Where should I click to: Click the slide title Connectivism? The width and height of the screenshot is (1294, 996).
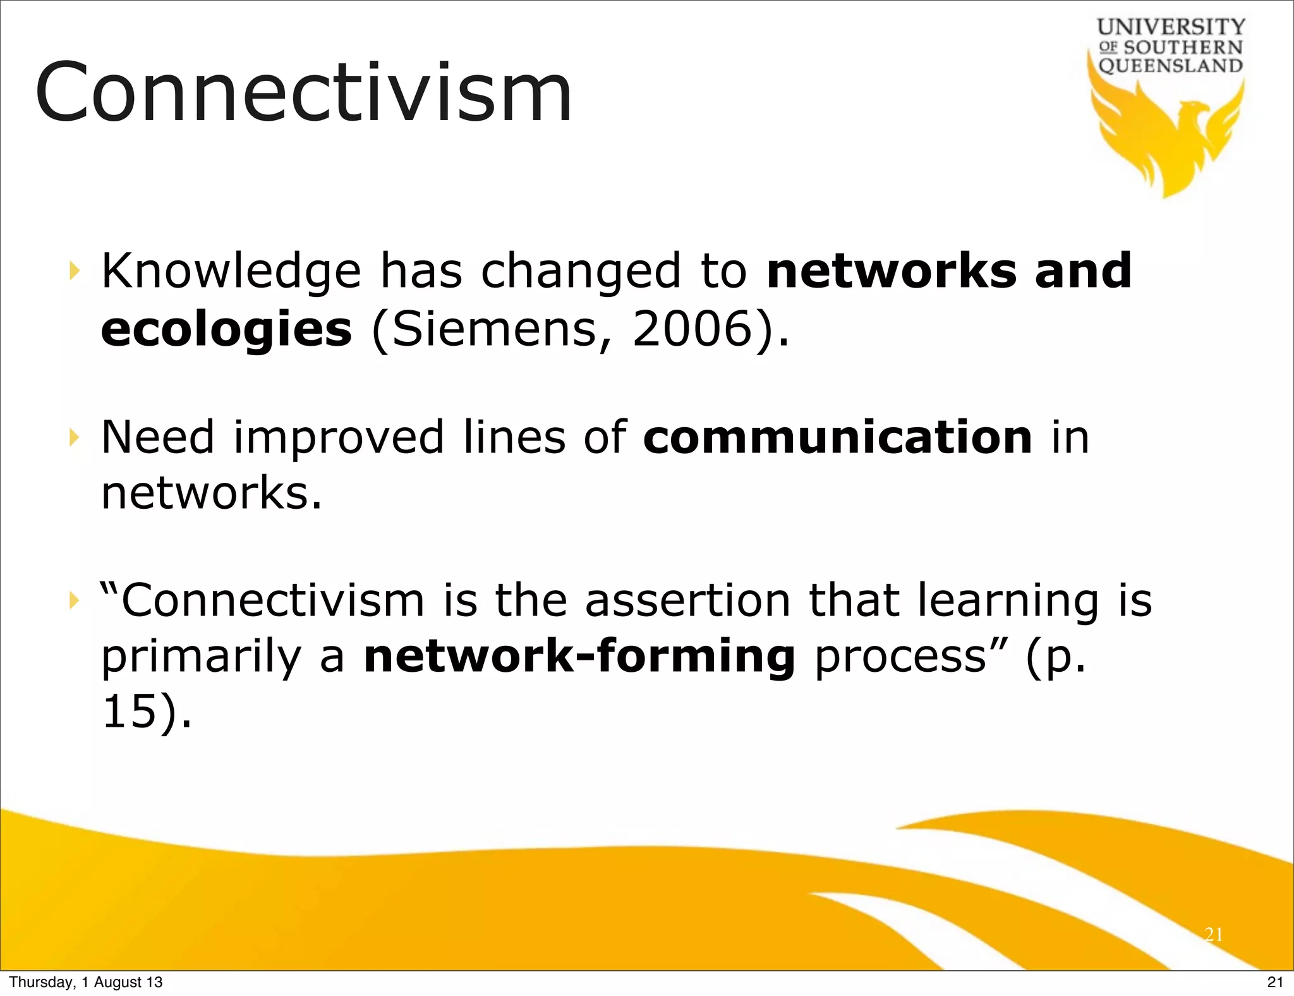click(x=303, y=92)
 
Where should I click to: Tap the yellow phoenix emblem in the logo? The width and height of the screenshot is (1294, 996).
click(x=1169, y=136)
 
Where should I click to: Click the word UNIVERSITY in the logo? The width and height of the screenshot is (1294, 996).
click(x=1171, y=27)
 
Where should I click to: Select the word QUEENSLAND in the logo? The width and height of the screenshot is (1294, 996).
click(x=1171, y=66)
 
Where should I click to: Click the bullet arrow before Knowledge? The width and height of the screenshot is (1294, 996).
click(x=75, y=271)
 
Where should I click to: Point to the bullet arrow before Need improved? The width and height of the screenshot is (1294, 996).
click(x=75, y=437)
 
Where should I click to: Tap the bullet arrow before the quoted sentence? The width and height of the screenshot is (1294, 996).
click(x=75, y=600)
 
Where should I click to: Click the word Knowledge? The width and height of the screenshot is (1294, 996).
click(x=231, y=272)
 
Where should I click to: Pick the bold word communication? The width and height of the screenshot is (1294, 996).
click(x=838, y=437)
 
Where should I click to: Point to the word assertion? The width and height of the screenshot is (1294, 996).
click(x=687, y=600)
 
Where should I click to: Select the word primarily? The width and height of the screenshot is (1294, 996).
click(x=201, y=657)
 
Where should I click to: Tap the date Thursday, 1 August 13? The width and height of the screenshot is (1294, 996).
click(x=86, y=982)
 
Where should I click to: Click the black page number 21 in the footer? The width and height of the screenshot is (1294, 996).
click(x=1275, y=982)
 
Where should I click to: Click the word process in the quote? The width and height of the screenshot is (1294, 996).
click(x=900, y=657)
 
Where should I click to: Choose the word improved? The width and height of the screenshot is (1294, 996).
click(x=339, y=437)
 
